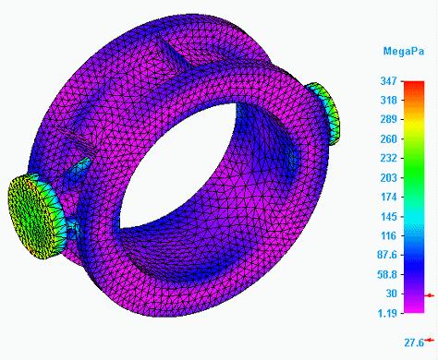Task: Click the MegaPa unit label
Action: [404, 51]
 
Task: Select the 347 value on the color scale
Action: [388, 81]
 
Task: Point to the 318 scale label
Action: [388, 101]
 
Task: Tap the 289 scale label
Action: [388, 119]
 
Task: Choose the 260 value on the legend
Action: [388, 139]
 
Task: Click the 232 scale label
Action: [388, 158]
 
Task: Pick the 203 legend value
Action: [388, 178]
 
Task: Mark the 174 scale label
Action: [388, 197]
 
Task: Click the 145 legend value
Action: [388, 217]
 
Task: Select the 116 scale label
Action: [388, 236]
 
